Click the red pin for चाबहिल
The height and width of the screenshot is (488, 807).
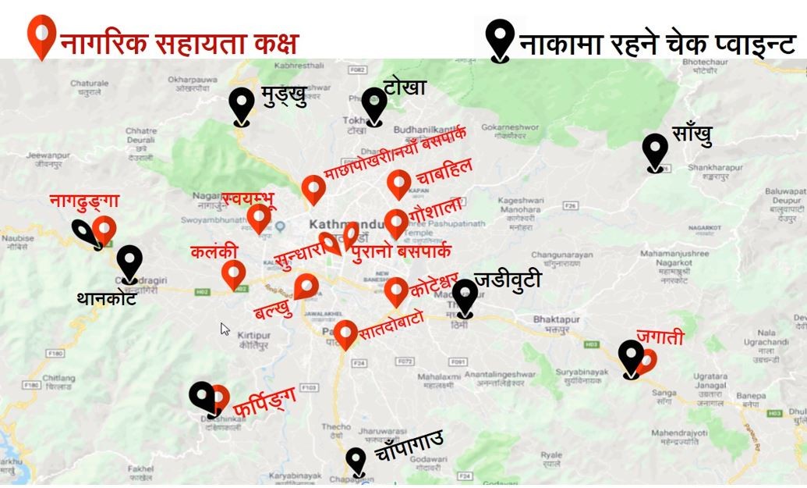[399, 183]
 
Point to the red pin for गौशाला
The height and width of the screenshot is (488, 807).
[396, 222]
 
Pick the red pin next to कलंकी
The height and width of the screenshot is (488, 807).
[233, 273]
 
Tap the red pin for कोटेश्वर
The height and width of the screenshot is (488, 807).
[396, 290]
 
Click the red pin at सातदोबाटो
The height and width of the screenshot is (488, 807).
[345, 333]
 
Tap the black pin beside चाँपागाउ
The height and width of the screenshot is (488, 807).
[356, 460]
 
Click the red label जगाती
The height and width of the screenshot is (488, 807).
[660, 338]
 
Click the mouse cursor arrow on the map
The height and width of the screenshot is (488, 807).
[225, 329]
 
